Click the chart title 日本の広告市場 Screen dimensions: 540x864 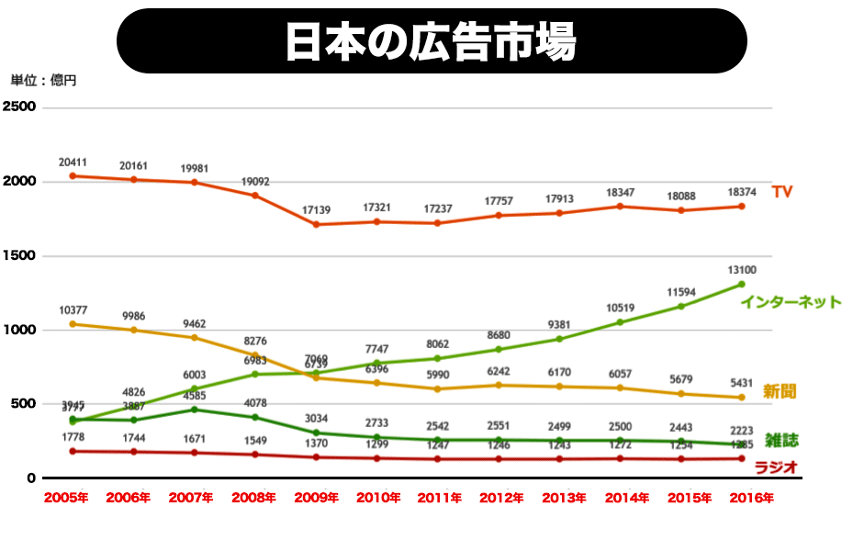pos(432,41)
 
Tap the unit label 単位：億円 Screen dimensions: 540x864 pos(44,81)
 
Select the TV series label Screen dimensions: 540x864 pos(781,191)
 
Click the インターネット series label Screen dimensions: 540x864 pos(791,301)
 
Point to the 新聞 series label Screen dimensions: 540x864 pos(780,391)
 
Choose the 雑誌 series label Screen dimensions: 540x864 pos(780,440)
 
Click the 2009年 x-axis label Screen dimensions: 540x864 pos(316,498)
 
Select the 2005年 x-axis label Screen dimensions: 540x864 pos(67,498)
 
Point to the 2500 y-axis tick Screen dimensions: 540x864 pos(20,107)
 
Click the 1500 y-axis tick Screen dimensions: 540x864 pos(20,255)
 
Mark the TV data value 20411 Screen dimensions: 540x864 pos(73,163)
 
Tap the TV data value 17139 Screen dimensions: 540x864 pos(317,210)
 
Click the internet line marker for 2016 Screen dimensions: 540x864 pos(741,284)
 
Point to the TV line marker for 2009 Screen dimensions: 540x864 pos(316,224)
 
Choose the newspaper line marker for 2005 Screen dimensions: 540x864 pos(73,323)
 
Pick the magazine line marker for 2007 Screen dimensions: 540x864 pos(194,410)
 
